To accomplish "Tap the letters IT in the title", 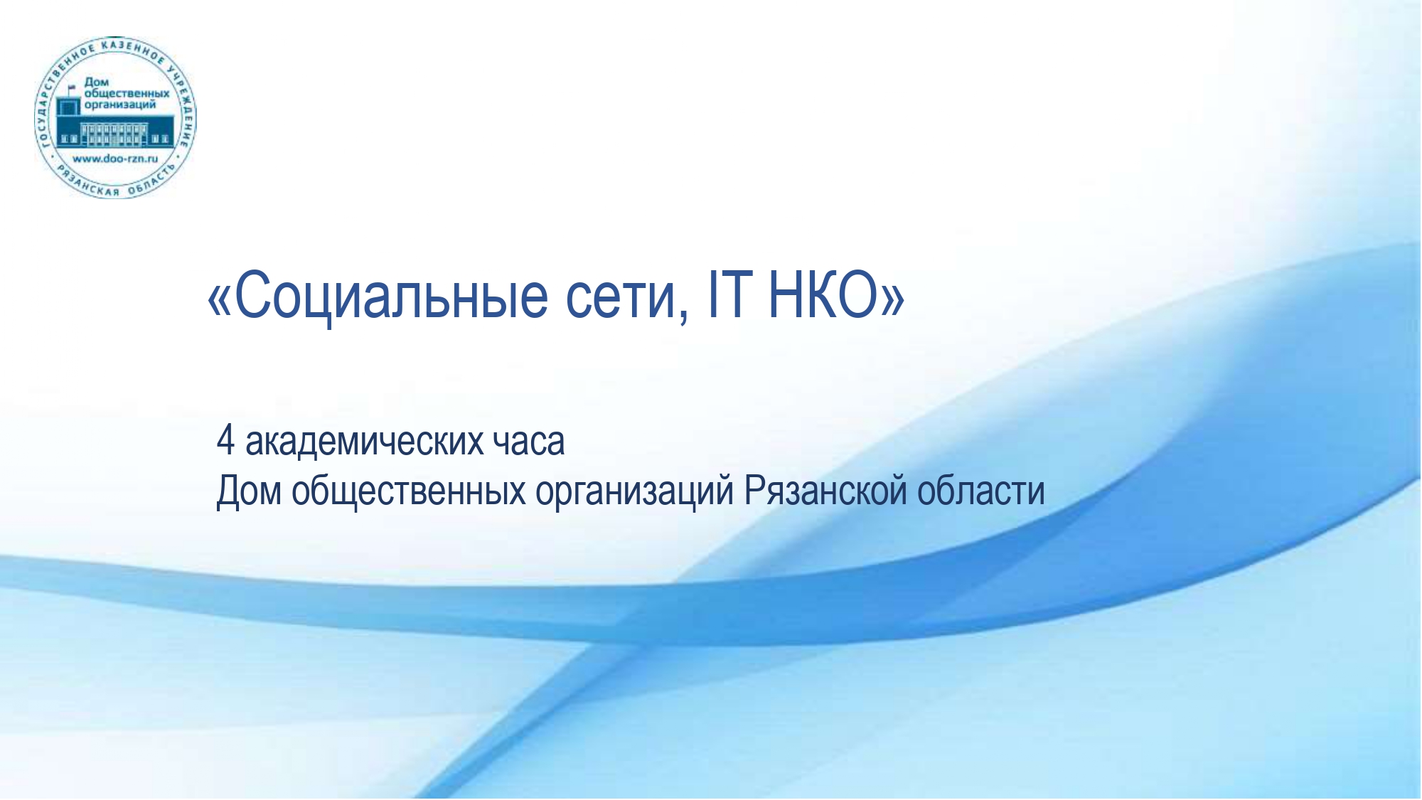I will coord(729,295).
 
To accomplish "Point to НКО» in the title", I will coord(836,295).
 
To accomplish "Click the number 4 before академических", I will coord(225,441).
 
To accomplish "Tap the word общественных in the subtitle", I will coord(409,491).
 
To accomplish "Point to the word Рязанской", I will coord(825,491).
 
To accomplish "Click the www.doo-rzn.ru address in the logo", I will coord(115,159).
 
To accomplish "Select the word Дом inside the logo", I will coord(96,82).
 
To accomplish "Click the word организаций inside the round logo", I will coord(119,105).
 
